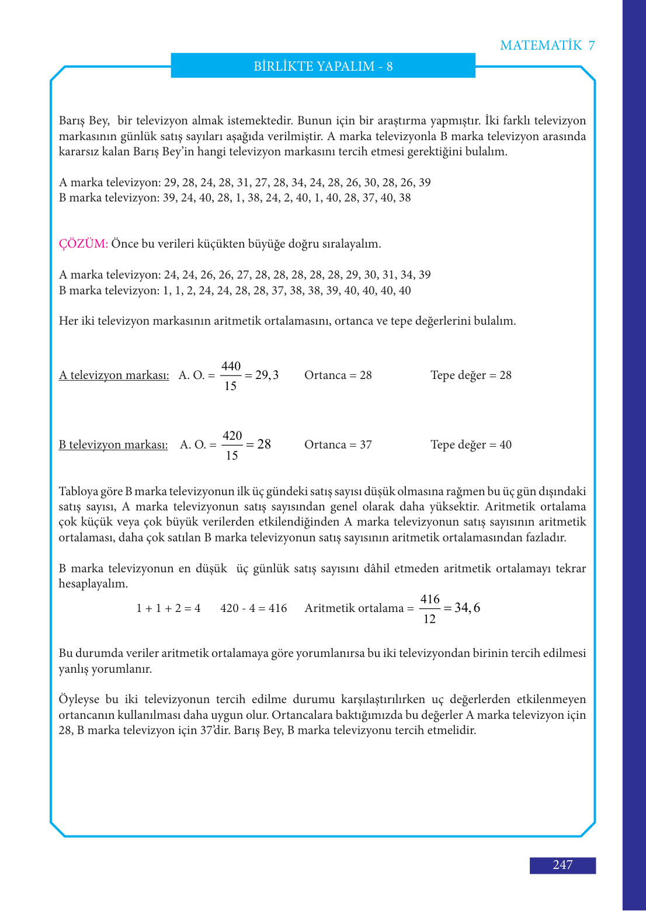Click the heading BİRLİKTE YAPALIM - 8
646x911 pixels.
pos(323,66)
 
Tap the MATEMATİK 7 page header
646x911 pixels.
pos(547,46)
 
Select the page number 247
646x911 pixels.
pos(562,865)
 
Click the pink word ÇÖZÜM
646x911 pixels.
pos(83,244)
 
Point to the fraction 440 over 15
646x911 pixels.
pos(231,375)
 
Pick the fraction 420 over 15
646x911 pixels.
pos(232,445)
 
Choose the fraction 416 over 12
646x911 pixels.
pos(430,609)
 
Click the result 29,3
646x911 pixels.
pos(267,375)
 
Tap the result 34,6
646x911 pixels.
pos(467,608)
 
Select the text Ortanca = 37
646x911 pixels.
pos(338,444)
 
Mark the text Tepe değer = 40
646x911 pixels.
pos(471,444)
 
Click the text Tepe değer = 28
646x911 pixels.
pos(471,375)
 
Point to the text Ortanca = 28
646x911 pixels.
pos(338,375)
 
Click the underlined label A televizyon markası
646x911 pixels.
pos(114,375)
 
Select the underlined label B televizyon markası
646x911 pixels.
pos(113,444)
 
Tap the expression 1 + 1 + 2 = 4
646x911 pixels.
pos(168,608)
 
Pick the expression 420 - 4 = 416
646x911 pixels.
pos(253,608)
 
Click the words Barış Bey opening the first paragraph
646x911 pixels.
pos(84,120)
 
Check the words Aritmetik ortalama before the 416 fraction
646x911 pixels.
pos(354,608)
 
